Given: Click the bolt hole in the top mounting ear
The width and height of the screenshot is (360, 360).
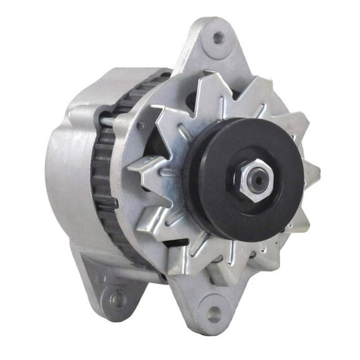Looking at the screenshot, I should pos(218,38).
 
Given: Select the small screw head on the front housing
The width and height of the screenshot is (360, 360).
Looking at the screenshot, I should pos(142,126).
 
